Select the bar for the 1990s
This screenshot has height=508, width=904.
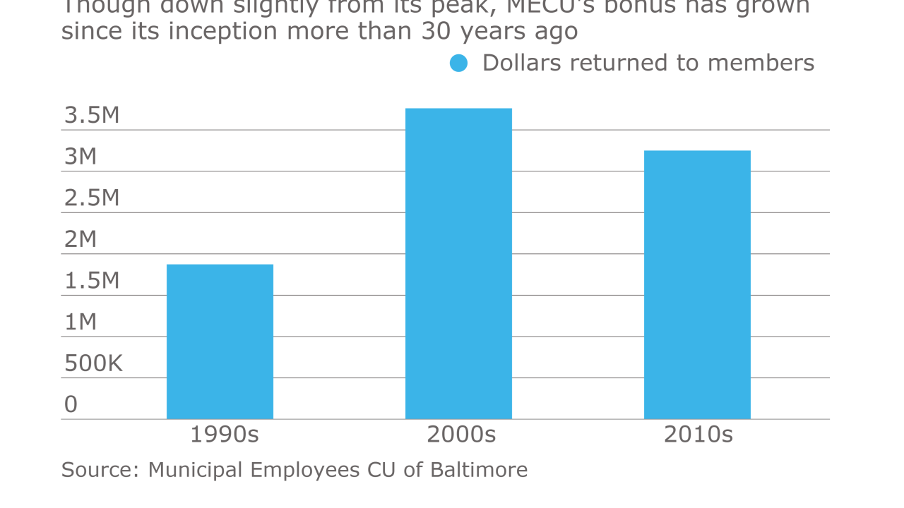pos(220,341)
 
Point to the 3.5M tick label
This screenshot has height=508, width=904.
pos(92,115)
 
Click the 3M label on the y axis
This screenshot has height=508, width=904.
pos(81,157)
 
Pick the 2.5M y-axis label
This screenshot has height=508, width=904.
pos(92,198)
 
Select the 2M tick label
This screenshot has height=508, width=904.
pos(81,239)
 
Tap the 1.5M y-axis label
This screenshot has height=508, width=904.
pos(92,281)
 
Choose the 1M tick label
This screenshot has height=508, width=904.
pos(81,322)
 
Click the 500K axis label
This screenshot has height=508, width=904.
pos(93,363)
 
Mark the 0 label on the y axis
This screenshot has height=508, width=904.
pos(71,404)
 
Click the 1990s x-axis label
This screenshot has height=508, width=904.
pos(225,435)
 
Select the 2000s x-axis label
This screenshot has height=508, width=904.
pos(461,435)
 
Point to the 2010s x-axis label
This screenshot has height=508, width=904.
pos(698,435)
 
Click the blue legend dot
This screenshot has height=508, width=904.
pos(459,64)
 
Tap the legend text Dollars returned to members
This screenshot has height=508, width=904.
pos(648,63)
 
